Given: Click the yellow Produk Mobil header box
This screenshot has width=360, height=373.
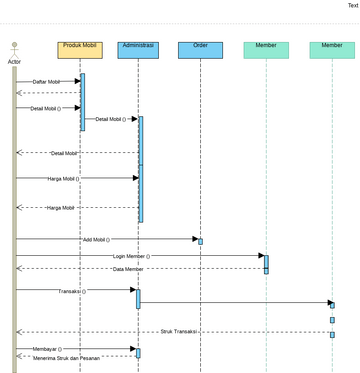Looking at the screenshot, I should pos(81,49).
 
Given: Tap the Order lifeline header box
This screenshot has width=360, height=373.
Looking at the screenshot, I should pos(200,49).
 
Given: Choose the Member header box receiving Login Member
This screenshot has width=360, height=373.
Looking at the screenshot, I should pos(266,49).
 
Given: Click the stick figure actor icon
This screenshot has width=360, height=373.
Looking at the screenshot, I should pos(14,49).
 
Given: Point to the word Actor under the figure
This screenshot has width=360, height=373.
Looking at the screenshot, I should pos(14,62).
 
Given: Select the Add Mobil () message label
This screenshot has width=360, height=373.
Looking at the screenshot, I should pos(96,240).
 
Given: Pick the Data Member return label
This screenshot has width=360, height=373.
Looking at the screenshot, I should pos(127,269).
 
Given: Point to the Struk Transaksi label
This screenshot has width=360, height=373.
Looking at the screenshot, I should pos(180,331).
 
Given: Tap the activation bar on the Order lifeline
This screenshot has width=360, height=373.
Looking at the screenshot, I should pos(200,241).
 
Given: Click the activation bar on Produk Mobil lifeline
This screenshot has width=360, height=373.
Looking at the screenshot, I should pos(82,102).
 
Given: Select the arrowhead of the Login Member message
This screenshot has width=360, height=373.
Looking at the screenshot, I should pos(260,256).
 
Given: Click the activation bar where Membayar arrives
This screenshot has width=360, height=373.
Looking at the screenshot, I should pos(138,352).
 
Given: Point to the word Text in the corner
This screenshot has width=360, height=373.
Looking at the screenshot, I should pos(353,5).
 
